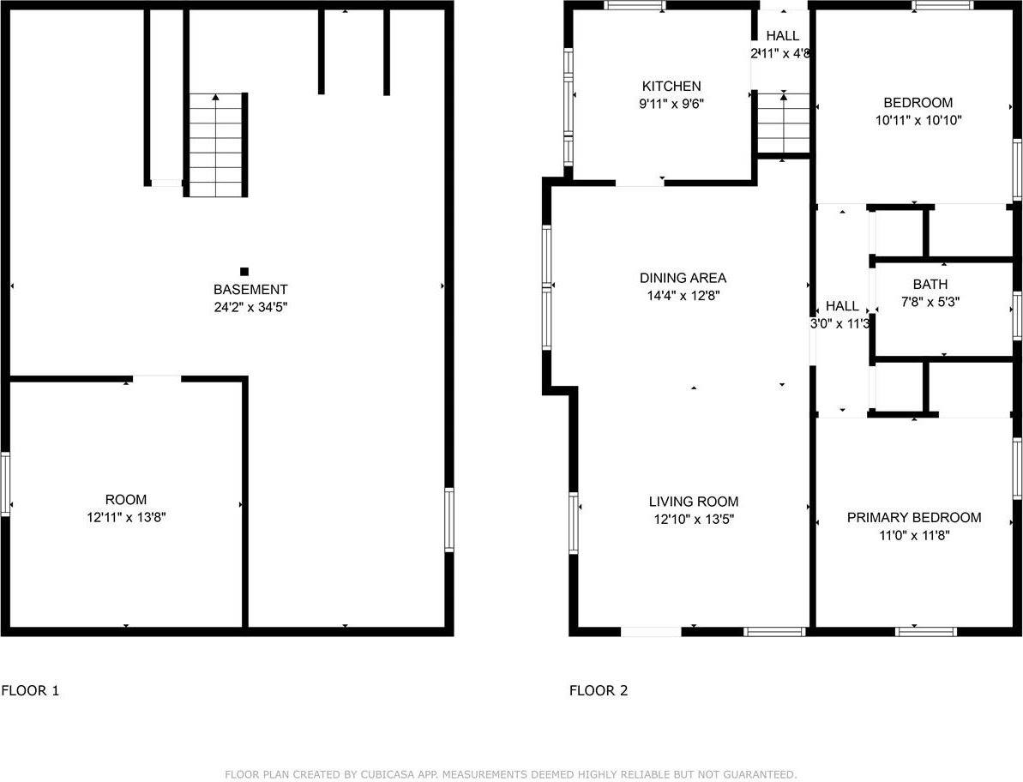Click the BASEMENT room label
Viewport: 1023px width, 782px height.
tap(250, 290)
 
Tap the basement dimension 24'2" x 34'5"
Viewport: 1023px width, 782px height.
tap(250, 306)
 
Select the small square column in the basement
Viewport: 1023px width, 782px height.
tap(244, 271)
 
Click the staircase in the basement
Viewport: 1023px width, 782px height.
tap(215, 146)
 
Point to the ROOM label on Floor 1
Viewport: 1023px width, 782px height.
tap(126, 500)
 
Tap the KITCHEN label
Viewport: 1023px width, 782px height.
tap(671, 87)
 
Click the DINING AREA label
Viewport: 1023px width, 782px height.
tap(683, 278)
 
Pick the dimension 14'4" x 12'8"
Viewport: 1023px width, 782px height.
tap(683, 295)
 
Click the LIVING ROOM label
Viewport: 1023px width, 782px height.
tap(693, 502)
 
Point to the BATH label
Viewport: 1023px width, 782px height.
tap(930, 284)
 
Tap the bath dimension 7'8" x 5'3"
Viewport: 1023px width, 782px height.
tap(930, 301)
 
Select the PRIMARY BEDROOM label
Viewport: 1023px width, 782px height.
tap(914, 518)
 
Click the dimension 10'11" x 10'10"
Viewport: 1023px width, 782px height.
tap(918, 120)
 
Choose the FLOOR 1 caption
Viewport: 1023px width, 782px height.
tap(30, 690)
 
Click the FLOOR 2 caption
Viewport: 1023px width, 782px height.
tap(599, 690)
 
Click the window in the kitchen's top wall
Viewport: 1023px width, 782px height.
tap(635, 5)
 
